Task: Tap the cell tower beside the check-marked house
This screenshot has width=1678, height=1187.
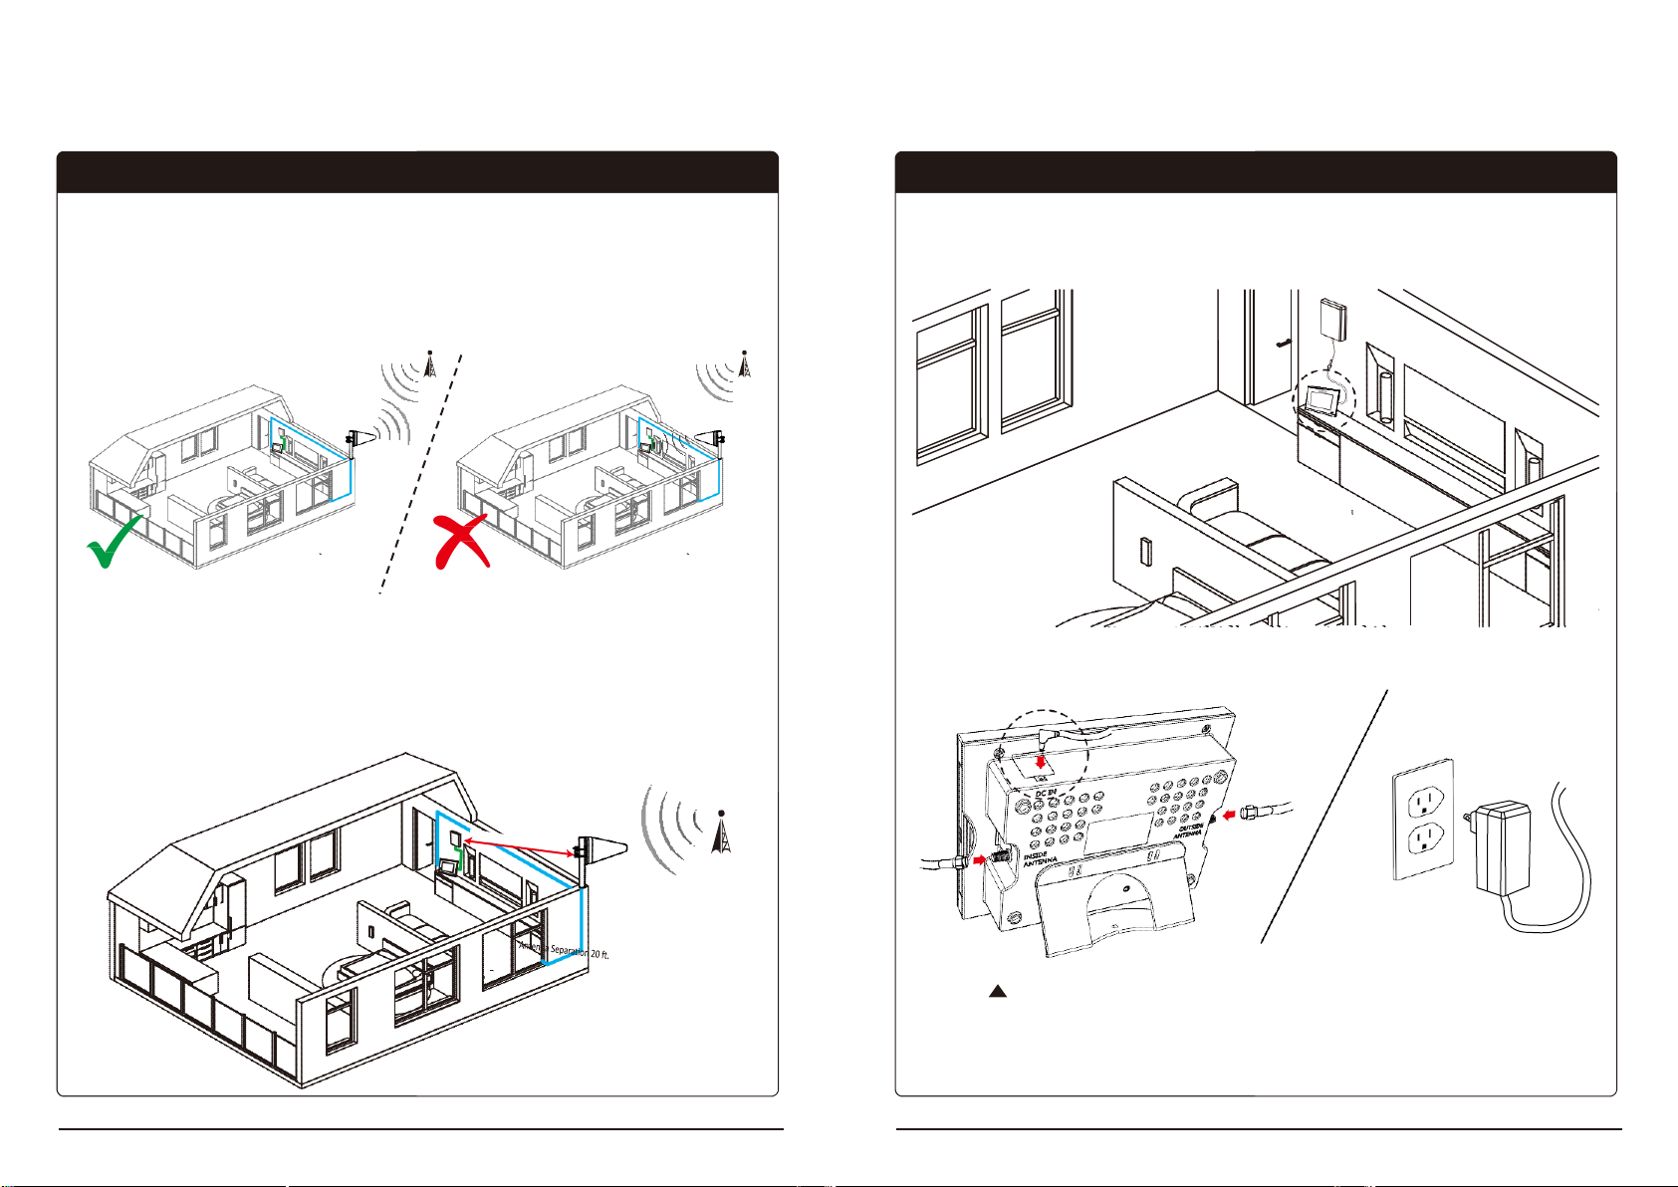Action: [429, 363]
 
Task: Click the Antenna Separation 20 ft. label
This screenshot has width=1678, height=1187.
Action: [564, 951]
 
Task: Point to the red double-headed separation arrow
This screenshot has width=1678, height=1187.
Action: [517, 847]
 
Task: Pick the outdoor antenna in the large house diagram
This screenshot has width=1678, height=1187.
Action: [599, 852]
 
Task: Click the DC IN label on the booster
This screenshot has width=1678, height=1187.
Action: [1045, 792]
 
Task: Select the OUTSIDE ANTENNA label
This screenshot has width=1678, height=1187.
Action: [1189, 831]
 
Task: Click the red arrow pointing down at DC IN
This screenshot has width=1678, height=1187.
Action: [1041, 763]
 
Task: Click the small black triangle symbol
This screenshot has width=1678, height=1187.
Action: [998, 992]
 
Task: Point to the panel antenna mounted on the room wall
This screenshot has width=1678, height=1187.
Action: [1334, 319]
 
